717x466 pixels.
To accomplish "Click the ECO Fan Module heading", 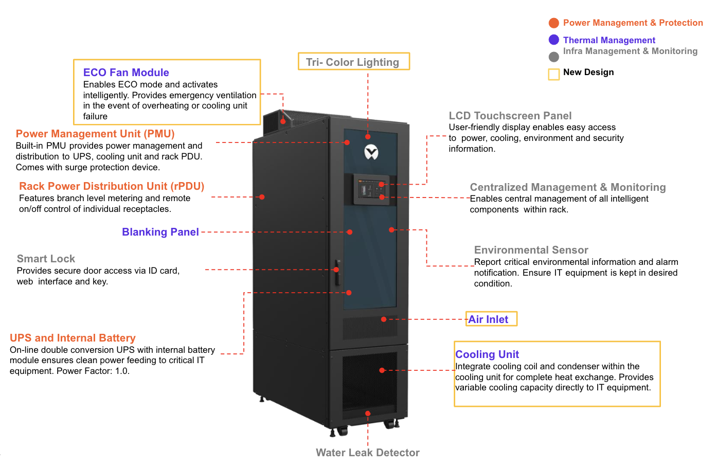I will tap(126, 73).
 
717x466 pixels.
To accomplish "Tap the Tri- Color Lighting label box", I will tap(353, 62).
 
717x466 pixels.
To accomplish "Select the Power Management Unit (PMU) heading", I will tap(95, 134).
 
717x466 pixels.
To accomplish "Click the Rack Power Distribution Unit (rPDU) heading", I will tap(112, 186).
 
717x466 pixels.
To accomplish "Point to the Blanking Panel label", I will tap(160, 232).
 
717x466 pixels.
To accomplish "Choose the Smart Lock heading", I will tap(46, 259).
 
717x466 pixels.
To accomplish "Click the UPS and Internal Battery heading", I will tap(73, 338).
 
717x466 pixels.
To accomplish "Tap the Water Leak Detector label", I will tap(367, 453).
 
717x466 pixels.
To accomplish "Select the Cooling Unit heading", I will tap(487, 354).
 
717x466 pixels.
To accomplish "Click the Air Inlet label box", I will tap(491, 319).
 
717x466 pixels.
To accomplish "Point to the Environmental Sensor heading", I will tap(531, 250).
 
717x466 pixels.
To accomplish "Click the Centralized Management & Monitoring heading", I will tap(567, 187).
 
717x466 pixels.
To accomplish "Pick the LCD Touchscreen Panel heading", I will tap(510, 116).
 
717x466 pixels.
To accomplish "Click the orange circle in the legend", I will tap(554, 23).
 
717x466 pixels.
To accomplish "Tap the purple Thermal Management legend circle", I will tap(554, 40).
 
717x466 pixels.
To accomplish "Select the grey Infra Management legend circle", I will tap(554, 57).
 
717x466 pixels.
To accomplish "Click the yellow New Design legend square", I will tap(554, 75).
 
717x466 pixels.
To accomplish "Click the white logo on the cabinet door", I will tap(371, 152).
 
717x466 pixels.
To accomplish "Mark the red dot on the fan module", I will tap(283, 121).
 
